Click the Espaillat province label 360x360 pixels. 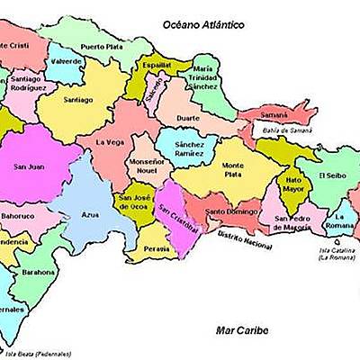155,66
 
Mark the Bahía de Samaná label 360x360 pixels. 287,130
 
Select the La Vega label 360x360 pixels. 110,141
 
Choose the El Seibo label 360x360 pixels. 331,175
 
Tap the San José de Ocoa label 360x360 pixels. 138,199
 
